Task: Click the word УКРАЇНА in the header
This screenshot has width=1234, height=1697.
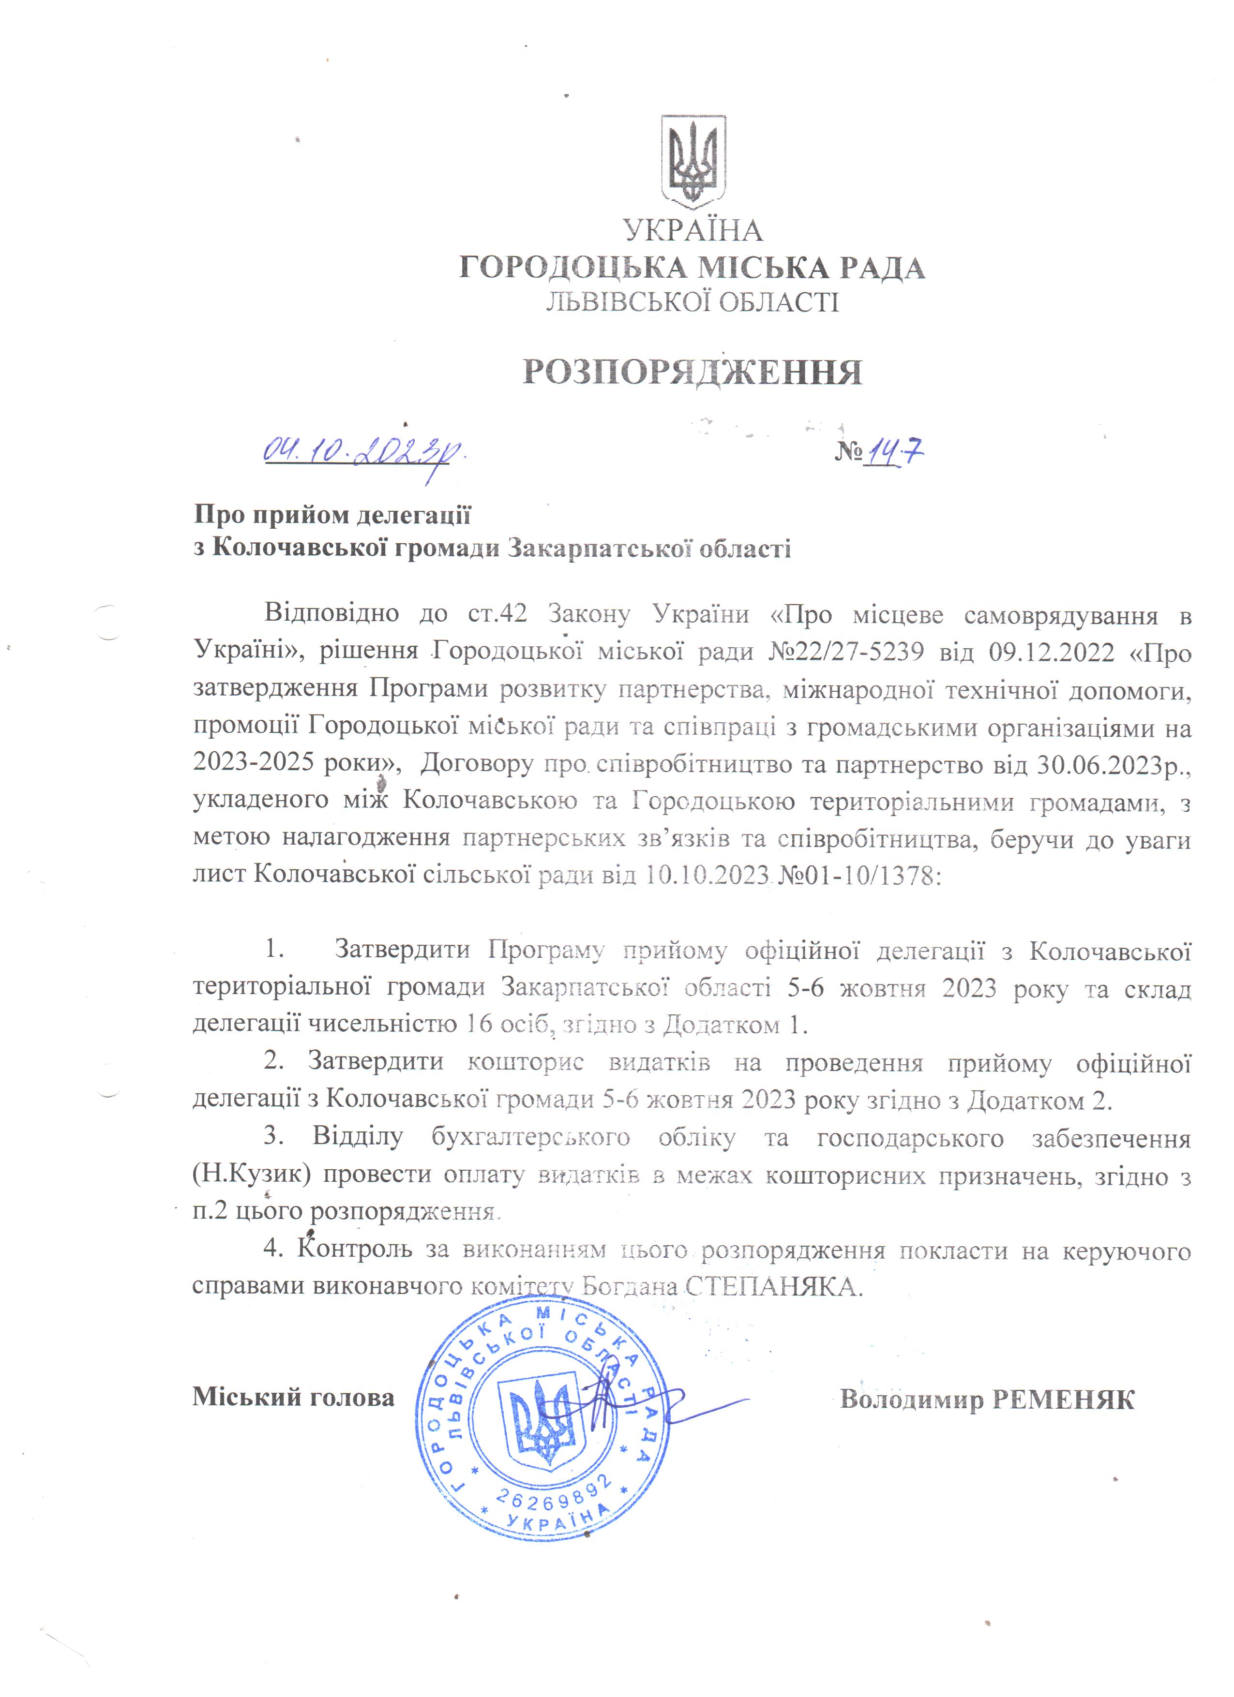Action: tap(693, 230)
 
